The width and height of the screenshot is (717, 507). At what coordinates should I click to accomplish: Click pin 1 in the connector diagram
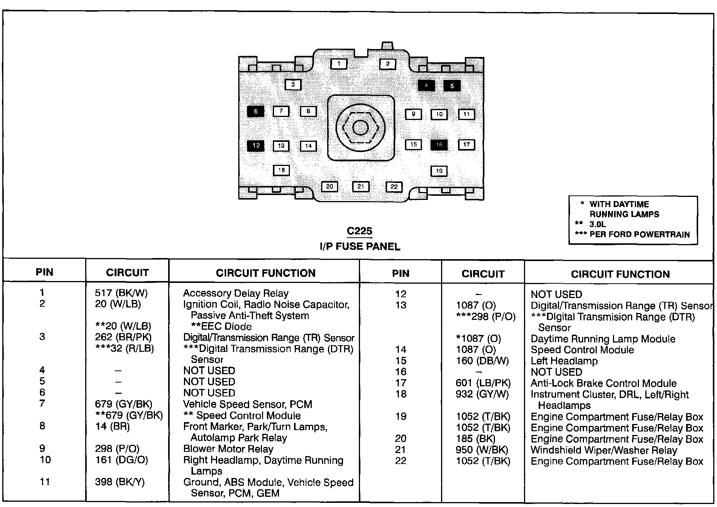[x=339, y=63]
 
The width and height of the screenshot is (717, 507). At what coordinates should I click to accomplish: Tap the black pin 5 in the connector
[x=452, y=86]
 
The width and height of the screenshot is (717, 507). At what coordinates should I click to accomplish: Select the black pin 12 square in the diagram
[x=256, y=146]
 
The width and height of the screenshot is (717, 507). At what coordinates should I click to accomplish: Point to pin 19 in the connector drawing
[x=439, y=171]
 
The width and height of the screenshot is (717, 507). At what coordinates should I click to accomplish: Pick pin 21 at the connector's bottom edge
[x=360, y=186]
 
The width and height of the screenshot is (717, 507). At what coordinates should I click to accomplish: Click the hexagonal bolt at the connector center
[x=360, y=128]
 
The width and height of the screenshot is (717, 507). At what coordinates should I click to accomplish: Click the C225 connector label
[x=359, y=231]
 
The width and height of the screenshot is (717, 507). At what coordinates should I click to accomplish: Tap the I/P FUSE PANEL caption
[x=360, y=247]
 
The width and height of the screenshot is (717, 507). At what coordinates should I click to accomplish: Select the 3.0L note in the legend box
[x=597, y=224]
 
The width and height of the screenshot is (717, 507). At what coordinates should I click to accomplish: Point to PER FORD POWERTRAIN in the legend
[x=639, y=234]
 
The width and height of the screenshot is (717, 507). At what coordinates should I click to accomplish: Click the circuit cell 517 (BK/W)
[x=121, y=293]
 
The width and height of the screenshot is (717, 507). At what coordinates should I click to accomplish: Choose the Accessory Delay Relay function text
[x=236, y=293]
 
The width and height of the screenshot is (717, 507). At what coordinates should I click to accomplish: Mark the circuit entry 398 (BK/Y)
[x=119, y=482]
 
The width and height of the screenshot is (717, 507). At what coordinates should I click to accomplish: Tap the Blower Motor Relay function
[x=228, y=449]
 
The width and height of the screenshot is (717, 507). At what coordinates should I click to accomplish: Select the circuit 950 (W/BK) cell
[x=482, y=450]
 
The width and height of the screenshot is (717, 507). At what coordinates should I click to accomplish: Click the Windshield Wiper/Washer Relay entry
[x=604, y=450]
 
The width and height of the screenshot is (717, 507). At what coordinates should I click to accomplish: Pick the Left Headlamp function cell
[x=564, y=361]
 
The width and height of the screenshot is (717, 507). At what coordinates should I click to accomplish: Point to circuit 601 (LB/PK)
[x=483, y=383]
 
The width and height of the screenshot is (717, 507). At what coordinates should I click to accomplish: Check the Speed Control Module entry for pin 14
[x=582, y=350]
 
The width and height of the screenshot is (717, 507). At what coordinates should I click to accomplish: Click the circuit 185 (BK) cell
[x=475, y=439]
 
